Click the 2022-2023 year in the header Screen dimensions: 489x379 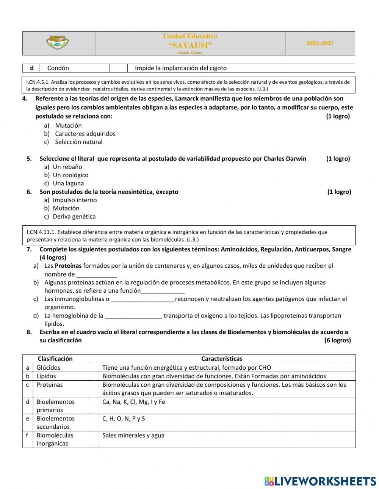coord(320,44)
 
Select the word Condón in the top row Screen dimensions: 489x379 coord(58,68)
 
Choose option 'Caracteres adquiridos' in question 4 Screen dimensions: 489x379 coord(85,134)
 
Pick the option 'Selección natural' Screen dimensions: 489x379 coord(78,142)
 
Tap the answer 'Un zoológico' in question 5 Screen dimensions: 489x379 coord(70,175)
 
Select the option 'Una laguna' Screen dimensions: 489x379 coord(68,183)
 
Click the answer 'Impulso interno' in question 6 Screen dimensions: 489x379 coord(75,200)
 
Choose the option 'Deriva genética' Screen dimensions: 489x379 coord(74,217)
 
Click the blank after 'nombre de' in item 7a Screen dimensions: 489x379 coord(97,275)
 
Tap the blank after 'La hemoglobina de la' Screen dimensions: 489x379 coord(133,316)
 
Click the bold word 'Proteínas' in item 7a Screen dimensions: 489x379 coord(68,266)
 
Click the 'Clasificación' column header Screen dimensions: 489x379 coord(55,359)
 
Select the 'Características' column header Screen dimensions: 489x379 coord(222,359)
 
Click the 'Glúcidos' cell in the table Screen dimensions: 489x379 coord(48,367)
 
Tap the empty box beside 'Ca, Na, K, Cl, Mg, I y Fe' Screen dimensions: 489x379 coord(94,406)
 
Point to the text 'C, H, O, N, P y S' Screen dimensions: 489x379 coord(124,419)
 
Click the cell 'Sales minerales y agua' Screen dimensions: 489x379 coord(133,436)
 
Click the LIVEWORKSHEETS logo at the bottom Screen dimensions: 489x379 coord(320,481)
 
